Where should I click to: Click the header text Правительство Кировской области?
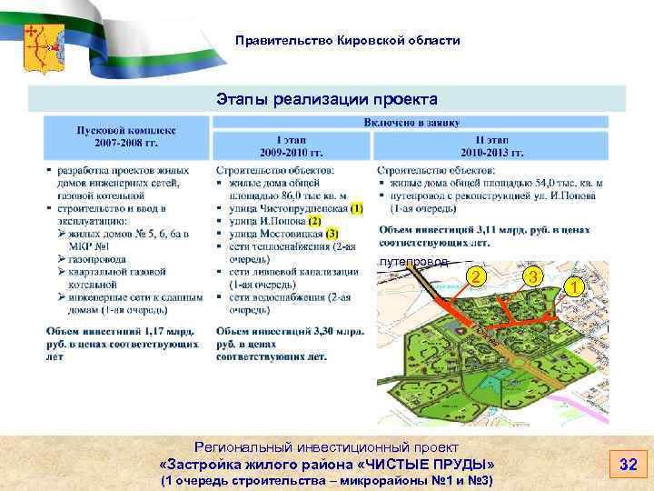point(347,41)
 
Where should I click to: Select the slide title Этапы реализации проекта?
point(327,98)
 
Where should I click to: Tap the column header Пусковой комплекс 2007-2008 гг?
point(126,136)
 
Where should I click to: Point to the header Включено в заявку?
point(411,122)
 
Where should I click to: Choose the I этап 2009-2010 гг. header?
point(292,146)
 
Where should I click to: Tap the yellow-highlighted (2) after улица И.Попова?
point(314,220)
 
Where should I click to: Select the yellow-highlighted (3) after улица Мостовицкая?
point(332,233)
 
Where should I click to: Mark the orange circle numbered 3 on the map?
point(536,276)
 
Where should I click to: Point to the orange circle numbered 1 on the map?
point(573,286)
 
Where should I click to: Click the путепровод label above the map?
point(413,262)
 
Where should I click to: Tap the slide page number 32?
point(628,465)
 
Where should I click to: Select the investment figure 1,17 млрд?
point(158,334)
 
